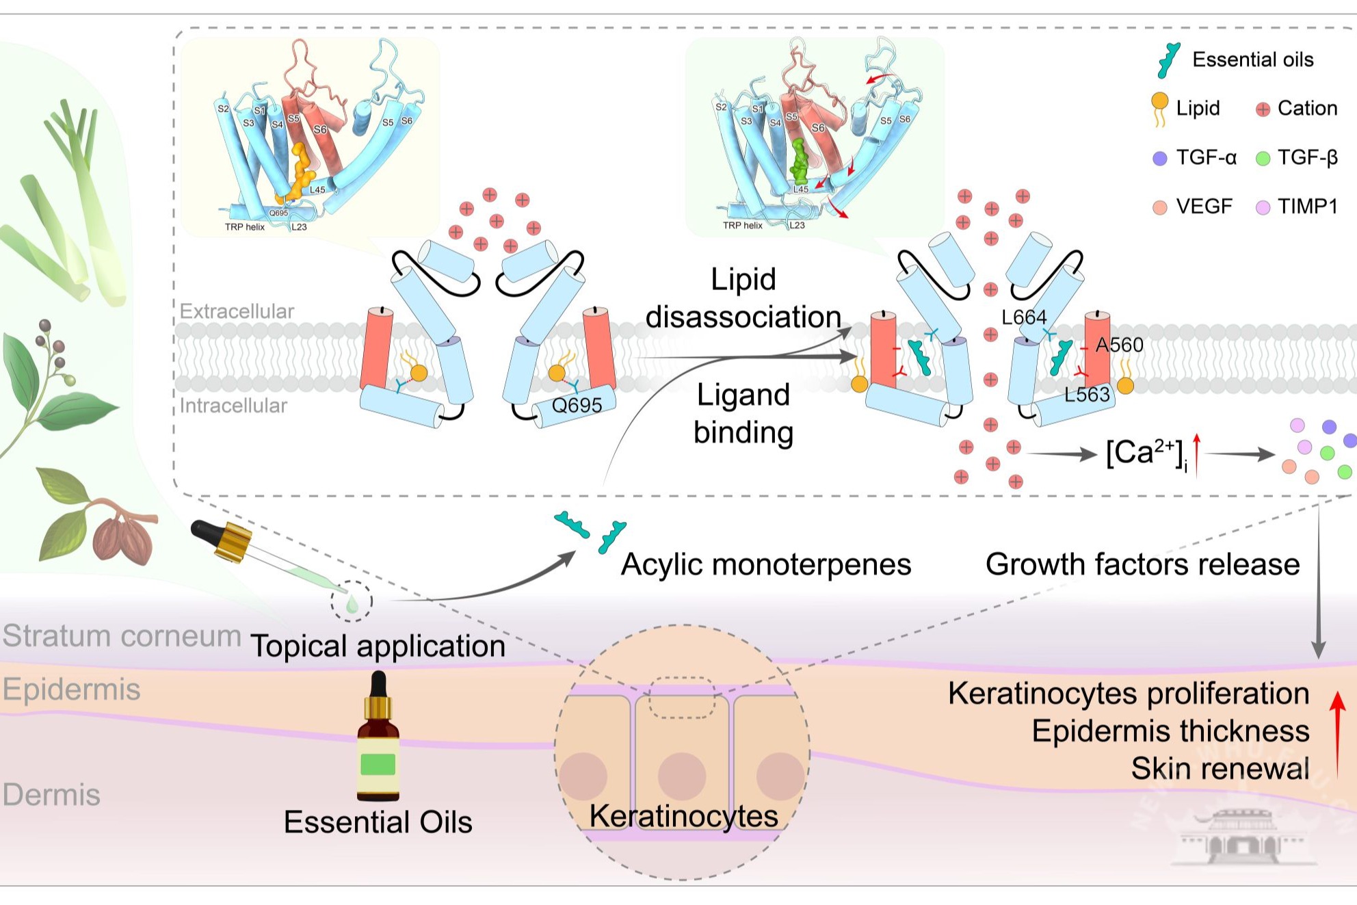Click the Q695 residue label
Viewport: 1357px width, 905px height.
pos(577,405)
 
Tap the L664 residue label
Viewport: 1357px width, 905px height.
pos(1024,317)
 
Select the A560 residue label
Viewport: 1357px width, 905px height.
pos(1120,345)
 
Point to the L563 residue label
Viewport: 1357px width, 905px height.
pos(1087,395)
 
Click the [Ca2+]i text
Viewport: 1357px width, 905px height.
pos(1146,454)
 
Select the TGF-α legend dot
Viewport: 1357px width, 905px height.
pos(1160,159)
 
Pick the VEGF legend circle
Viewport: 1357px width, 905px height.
pos(1160,207)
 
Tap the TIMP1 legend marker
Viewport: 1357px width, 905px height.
pos(1263,207)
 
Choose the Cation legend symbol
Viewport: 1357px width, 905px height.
pos(1263,109)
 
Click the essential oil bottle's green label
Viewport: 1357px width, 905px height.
pos(378,763)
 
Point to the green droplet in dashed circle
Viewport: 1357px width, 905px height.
pos(352,604)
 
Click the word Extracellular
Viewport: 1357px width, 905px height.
pos(237,311)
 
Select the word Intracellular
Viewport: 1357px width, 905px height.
pos(233,406)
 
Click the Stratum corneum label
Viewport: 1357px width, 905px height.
pos(122,636)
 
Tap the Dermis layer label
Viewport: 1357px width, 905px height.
pos(51,795)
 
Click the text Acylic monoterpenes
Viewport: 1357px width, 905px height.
pos(765,565)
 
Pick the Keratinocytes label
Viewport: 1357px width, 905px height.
pos(683,816)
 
